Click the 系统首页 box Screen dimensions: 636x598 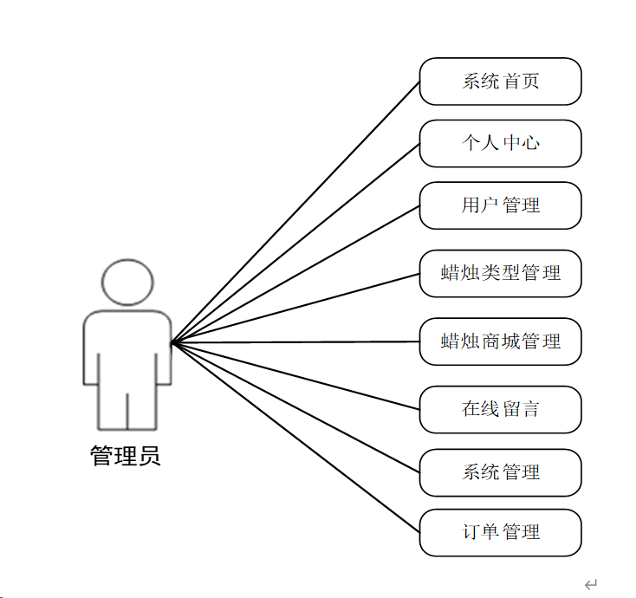(x=500, y=81)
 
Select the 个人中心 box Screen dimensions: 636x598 (x=500, y=143)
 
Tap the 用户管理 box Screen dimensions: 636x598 (x=500, y=205)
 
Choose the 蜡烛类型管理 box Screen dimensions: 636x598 (x=500, y=273)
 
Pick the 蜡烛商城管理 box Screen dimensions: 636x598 (x=500, y=341)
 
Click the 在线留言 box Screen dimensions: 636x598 (x=500, y=409)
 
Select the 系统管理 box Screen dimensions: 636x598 (x=500, y=472)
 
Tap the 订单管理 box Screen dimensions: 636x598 (x=500, y=532)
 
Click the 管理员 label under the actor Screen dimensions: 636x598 (x=126, y=456)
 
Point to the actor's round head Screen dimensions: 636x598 (x=127, y=283)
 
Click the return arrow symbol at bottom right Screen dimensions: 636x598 (x=591, y=585)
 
